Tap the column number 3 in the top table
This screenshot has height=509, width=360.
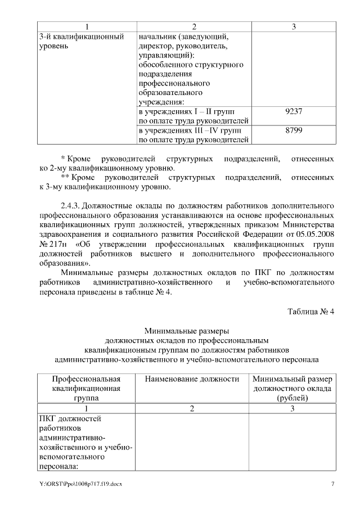pyautogui.click(x=294, y=26)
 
